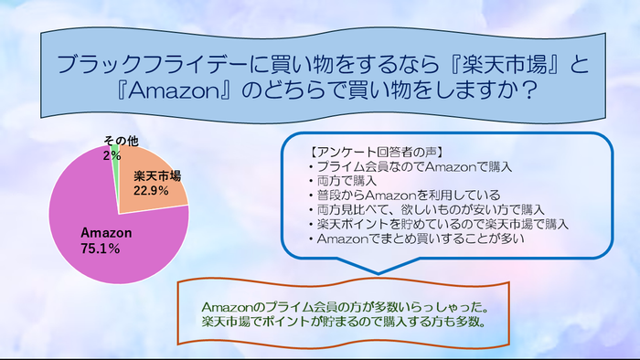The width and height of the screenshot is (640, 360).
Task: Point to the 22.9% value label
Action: [x=152, y=190]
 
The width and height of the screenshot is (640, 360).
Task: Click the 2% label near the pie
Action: [x=112, y=155]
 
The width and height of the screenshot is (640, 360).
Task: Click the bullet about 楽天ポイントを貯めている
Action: [x=437, y=224]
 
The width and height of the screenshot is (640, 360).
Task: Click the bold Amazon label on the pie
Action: [x=106, y=233]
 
